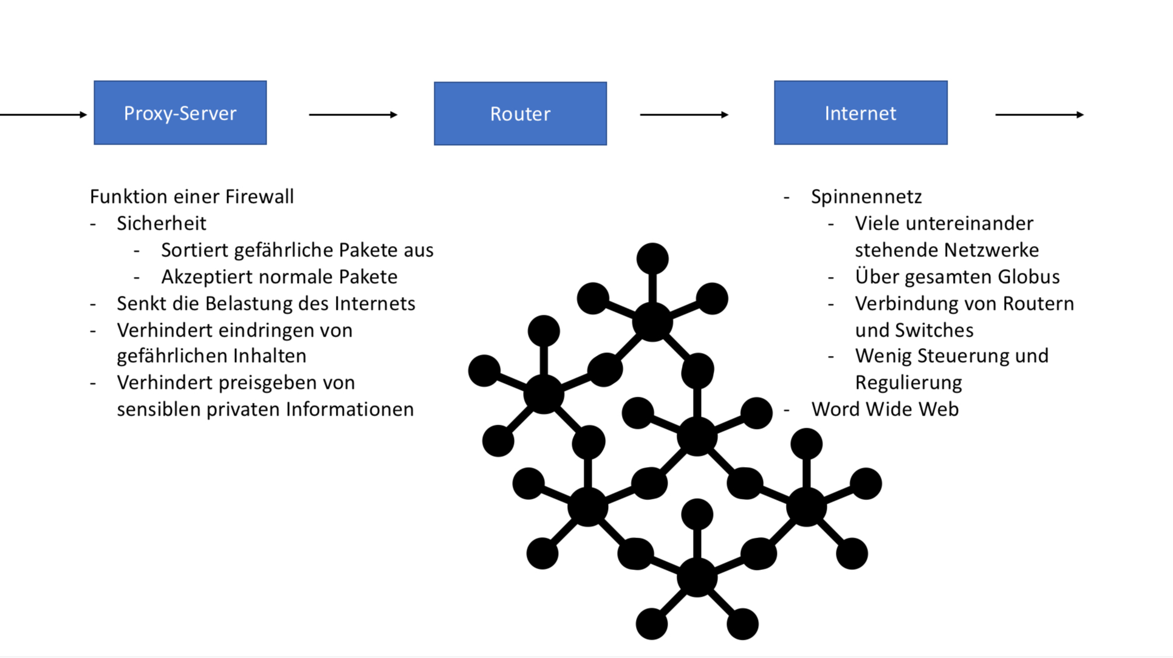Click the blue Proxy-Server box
[180, 113]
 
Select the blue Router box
[520, 114]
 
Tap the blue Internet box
[860, 113]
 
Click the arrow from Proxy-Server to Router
[352, 114]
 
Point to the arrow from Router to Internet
[683, 114]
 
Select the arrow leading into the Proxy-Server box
[43, 114]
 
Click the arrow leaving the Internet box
[1039, 114]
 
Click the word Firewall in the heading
[259, 197]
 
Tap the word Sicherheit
[162, 224]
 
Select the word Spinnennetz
[866, 197]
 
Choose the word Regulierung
[908, 383]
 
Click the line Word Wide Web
[885, 410]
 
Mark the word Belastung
[254, 304]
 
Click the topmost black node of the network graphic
[652, 259]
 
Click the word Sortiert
[194, 250]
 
